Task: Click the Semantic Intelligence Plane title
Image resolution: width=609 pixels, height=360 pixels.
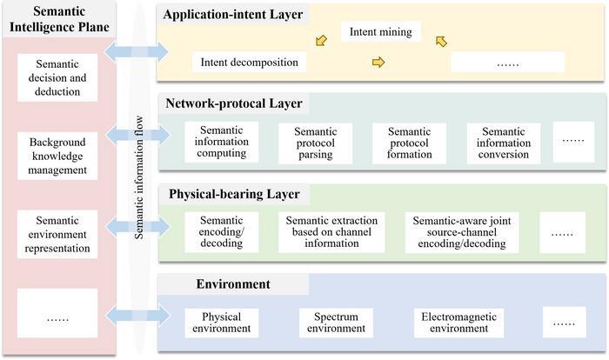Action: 57,22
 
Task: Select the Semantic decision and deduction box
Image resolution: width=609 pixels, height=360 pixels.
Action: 57,78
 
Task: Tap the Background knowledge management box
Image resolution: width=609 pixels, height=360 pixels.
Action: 57,156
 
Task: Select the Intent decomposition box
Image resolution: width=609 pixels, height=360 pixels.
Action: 249,62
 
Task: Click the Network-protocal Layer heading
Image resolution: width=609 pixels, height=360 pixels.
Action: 234,103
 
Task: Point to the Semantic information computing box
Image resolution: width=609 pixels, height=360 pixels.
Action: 222,142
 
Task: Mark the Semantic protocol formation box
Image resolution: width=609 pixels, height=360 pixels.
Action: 409,143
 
